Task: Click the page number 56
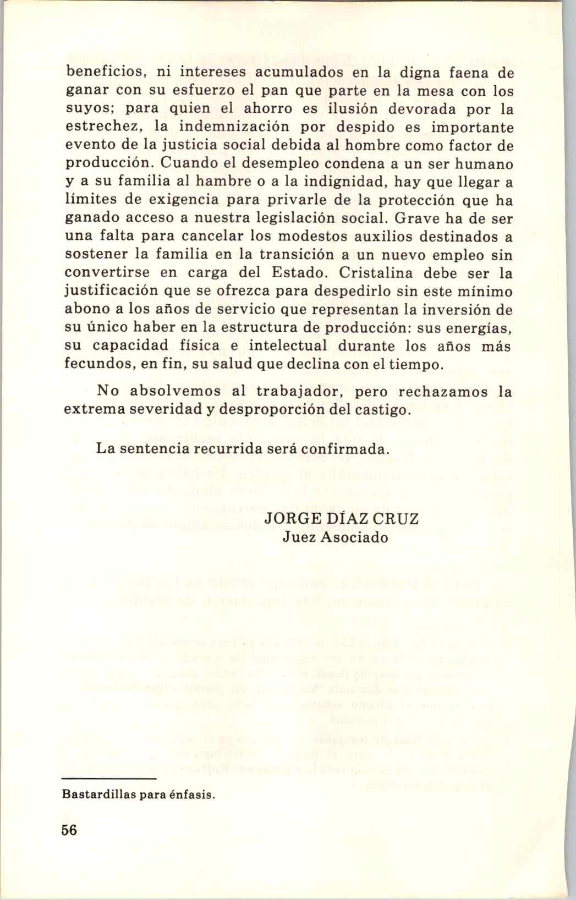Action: [70, 830]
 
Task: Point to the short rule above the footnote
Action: [109, 779]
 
